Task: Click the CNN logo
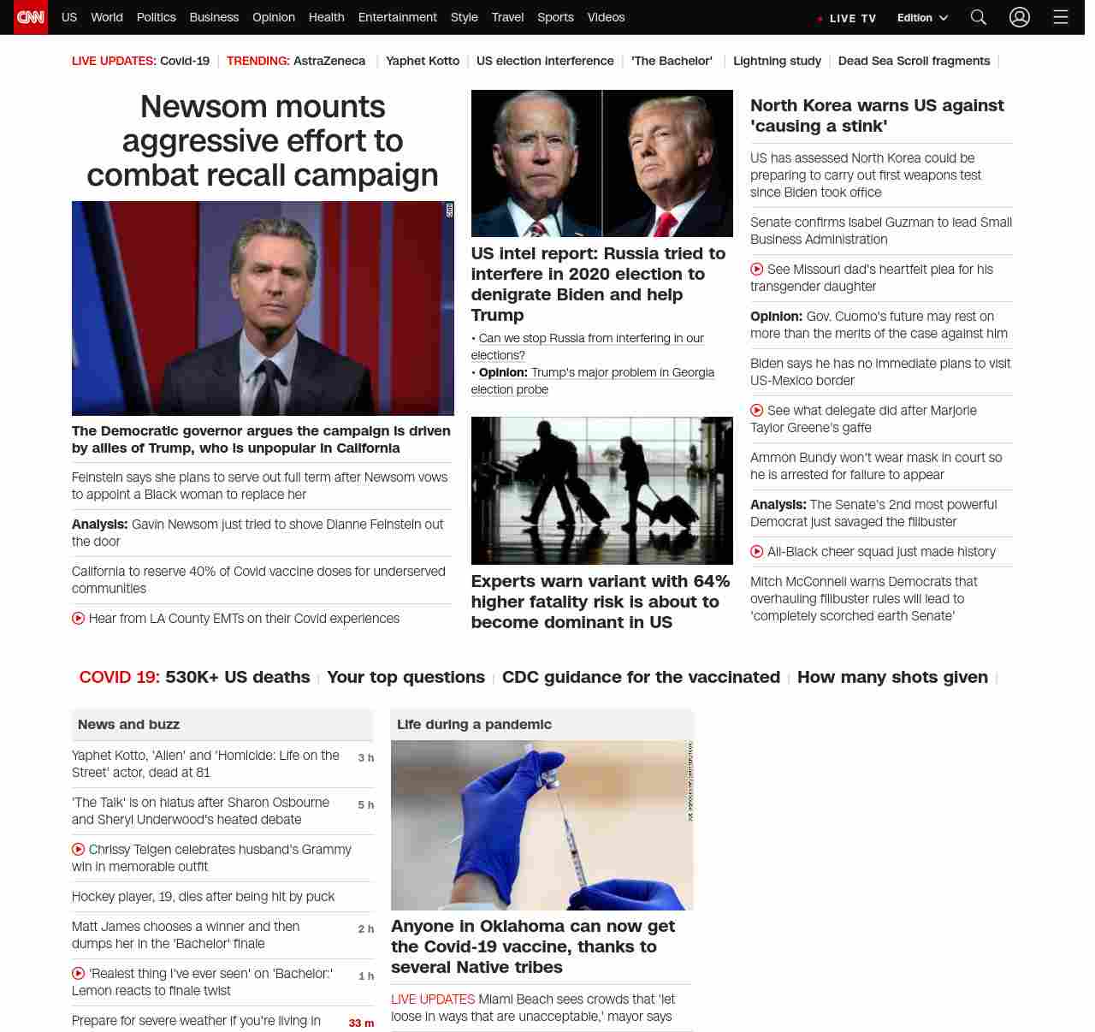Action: pos(31,17)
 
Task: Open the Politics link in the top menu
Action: pos(156,17)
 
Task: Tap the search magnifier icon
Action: pos(978,17)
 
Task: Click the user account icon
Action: pos(1019,17)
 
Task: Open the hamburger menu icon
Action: pos(1061,17)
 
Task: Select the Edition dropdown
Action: pos(922,18)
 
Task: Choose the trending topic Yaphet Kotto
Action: pos(423,61)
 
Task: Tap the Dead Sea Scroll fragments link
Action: pos(914,61)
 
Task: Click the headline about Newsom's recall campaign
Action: pos(263,140)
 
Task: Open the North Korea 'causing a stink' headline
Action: pos(877,116)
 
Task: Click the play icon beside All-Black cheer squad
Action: pos(757,552)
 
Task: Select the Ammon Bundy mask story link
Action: pos(876,466)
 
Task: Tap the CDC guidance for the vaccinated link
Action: pos(641,677)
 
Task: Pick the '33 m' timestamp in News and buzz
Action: pos(361,1023)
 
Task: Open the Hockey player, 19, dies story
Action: pos(203,897)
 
